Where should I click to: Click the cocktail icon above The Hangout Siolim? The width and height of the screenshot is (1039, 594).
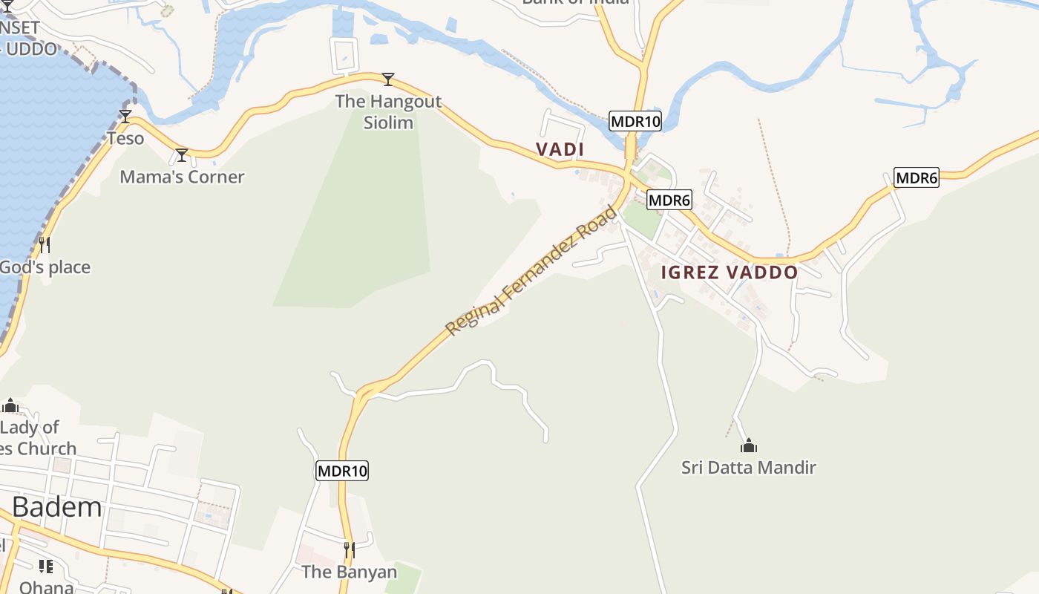click(x=387, y=79)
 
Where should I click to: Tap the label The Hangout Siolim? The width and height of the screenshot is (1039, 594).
click(x=388, y=111)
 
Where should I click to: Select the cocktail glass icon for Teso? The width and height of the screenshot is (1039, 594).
click(x=125, y=117)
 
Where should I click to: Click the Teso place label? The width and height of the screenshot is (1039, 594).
click(x=125, y=138)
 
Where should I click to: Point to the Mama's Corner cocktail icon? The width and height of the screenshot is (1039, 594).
click(x=182, y=155)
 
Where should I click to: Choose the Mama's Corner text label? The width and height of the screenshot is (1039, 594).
click(x=182, y=177)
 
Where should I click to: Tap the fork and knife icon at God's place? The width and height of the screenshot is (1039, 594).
click(x=45, y=244)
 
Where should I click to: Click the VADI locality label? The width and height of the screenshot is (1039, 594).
click(x=560, y=149)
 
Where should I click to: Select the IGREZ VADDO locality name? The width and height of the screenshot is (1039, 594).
click(x=730, y=272)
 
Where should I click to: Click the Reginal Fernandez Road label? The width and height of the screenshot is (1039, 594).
click(x=531, y=270)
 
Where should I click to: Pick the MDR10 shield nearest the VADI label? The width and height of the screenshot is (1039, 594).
click(x=635, y=121)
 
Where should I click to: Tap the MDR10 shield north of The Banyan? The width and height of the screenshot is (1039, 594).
click(x=342, y=471)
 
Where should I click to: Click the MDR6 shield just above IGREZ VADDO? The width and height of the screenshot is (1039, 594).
click(x=669, y=200)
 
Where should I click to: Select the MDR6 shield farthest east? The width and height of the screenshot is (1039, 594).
click(x=917, y=177)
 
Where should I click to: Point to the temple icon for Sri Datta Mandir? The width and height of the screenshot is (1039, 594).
click(x=749, y=446)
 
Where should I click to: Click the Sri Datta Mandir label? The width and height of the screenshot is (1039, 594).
click(x=749, y=467)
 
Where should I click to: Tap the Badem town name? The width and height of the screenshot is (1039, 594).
click(x=57, y=507)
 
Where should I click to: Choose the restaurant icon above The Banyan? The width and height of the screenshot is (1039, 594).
click(x=349, y=550)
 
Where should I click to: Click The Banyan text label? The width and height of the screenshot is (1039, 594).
click(x=349, y=572)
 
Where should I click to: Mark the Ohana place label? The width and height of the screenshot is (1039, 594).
click(x=46, y=587)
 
